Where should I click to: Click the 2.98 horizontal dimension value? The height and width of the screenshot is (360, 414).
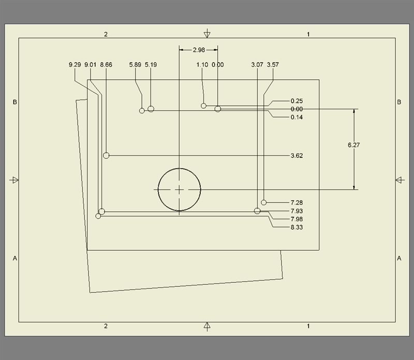pos(198,50)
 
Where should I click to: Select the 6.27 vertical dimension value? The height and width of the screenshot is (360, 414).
pos(354,145)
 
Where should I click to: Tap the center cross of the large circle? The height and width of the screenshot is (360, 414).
pos(179,190)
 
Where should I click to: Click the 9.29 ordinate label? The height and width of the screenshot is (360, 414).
pos(75,65)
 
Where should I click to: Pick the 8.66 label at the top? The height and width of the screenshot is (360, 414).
pos(106,65)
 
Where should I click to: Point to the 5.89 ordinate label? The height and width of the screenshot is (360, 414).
pos(136,65)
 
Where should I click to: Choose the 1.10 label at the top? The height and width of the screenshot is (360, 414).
pos(202,65)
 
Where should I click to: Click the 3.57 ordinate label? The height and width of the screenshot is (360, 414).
pos(273,65)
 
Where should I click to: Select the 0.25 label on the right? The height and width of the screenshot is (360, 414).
pos(297,100)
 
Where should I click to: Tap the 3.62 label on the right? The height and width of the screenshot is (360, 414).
pos(297,155)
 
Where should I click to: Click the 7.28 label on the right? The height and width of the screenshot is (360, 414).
pos(297,203)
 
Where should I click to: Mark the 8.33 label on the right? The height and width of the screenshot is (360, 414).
pos(297,227)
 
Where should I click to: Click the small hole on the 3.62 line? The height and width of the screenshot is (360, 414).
pos(106,155)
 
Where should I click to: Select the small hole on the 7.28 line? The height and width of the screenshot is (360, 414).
pos(264,203)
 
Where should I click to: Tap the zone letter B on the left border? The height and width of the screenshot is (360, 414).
pos(15,103)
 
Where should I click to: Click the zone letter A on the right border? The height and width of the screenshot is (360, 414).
pos(399,258)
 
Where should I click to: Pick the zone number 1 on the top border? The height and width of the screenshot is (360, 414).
pos(308,34)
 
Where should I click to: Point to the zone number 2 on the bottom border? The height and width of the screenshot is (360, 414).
pos(106,326)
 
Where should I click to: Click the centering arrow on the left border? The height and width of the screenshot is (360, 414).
pos(14,180)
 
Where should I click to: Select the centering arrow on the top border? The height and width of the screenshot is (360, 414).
pos(207,34)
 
